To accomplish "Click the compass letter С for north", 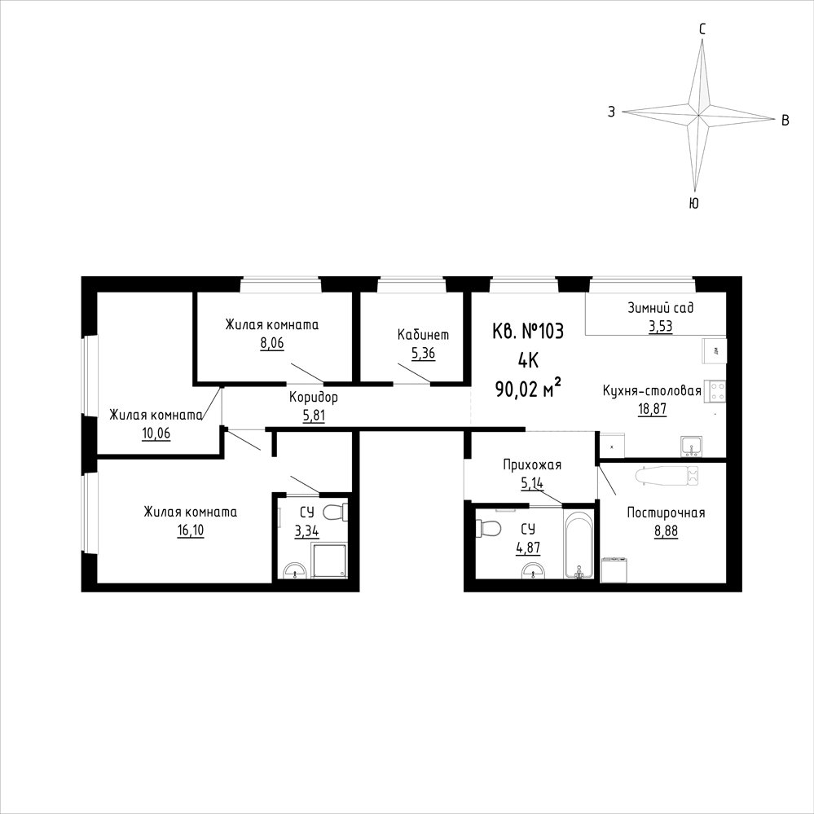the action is (702, 30).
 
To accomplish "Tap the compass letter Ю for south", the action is (693, 204).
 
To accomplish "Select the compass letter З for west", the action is (612, 112).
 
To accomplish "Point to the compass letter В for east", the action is (785, 121).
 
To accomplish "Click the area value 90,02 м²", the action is (529, 387).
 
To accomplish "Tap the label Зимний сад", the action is (660, 308).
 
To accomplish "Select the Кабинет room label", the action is (423, 334).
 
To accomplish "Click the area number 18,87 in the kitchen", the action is (652, 409).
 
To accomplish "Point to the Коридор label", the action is (314, 397).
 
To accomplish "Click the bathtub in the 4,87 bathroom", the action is (579, 544).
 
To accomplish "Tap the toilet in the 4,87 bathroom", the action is (489, 529).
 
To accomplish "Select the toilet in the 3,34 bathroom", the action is (334, 513).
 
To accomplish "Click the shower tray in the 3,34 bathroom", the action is (329, 560).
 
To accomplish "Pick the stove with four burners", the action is (717, 391).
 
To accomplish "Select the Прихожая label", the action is (532, 464).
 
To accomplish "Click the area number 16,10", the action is (191, 530).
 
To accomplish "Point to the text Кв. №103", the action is (528, 331).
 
